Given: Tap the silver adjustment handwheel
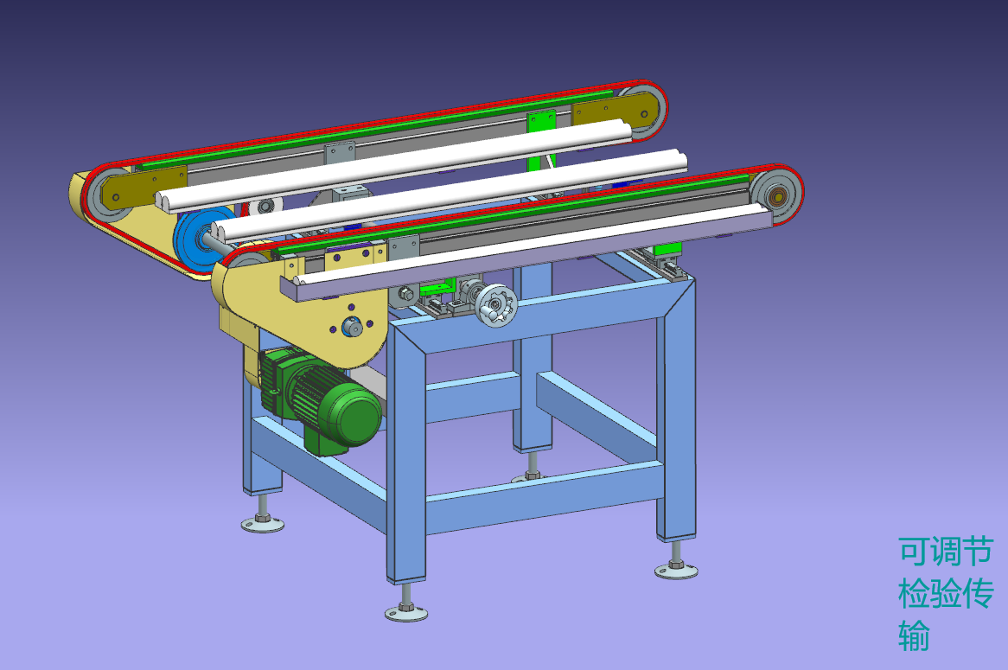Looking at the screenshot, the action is click(496, 304).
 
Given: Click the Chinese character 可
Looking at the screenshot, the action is click(914, 551).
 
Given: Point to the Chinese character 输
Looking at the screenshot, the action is click(914, 635).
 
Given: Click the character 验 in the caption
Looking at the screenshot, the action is click(946, 593).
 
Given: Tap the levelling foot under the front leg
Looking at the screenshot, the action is click(406, 610).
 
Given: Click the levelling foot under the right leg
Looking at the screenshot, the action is click(676, 567).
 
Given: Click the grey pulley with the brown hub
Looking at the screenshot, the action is click(776, 195).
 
